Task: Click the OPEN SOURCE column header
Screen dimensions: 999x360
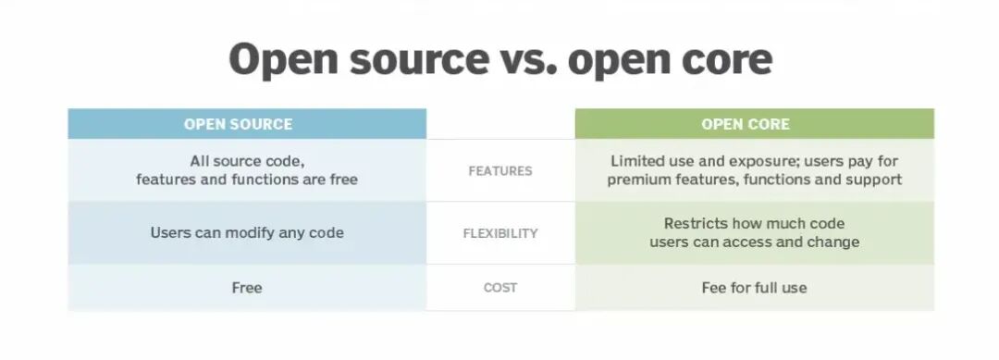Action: pos(239,124)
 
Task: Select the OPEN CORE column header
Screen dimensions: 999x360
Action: pos(746,124)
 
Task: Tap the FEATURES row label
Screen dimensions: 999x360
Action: pos(500,171)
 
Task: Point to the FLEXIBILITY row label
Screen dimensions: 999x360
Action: pos(500,233)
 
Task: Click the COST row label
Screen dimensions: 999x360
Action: pos(500,288)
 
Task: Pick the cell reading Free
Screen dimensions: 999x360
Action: pos(247,288)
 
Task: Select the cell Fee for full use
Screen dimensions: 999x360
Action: pos(755,288)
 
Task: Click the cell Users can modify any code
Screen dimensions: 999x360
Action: pos(247,233)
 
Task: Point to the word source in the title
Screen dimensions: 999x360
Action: pos(419,60)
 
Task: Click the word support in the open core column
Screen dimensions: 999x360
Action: pos(874,180)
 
